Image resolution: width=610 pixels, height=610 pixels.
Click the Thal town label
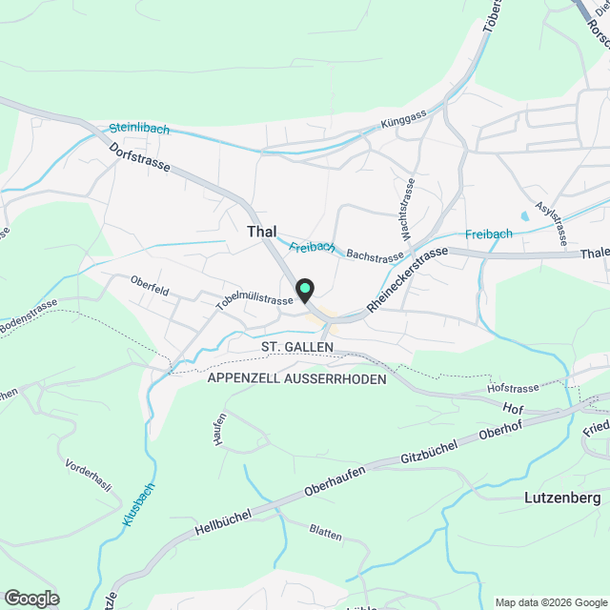(x=262, y=232)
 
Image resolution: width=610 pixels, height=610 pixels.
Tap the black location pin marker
(x=305, y=289)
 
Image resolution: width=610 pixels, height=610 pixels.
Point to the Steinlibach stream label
(x=138, y=127)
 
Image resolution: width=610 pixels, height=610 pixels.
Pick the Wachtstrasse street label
(x=407, y=209)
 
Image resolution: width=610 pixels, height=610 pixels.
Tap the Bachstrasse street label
(x=376, y=255)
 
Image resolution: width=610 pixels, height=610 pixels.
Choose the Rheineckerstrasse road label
(x=407, y=278)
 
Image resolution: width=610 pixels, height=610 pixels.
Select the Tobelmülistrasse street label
(x=254, y=300)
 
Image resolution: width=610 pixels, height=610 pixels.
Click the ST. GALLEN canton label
(x=296, y=344)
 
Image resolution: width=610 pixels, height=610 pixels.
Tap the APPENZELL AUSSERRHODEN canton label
(x=296, y=378)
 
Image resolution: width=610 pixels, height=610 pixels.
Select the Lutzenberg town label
(x=562, y=498)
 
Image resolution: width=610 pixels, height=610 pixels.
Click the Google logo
(x=30, y=599)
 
